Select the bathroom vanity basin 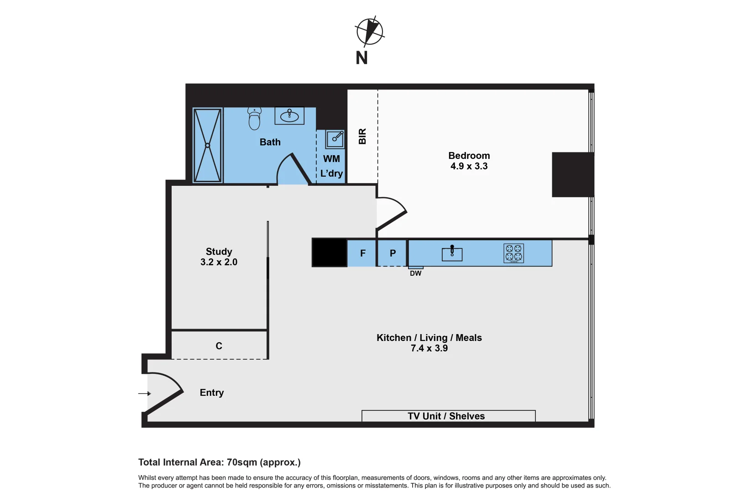tap(289, 116)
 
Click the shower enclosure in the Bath tap(208, 145)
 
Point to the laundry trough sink tap(335, 139)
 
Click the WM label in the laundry tap(331, 159)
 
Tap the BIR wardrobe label tap(362, 136)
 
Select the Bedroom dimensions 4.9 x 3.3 tap(469, 167)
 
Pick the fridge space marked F tap(362, 253)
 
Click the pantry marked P tap(393, 253)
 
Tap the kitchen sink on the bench tap(452, 253)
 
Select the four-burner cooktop tap(514, 253)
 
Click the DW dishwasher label tap(415, 273)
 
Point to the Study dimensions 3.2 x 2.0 tap(219, 262)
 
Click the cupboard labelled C tap(219, 346)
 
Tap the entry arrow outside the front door tap(144, 393)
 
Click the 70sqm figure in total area tap(242, 462)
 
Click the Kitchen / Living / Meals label tap(429, 338)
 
